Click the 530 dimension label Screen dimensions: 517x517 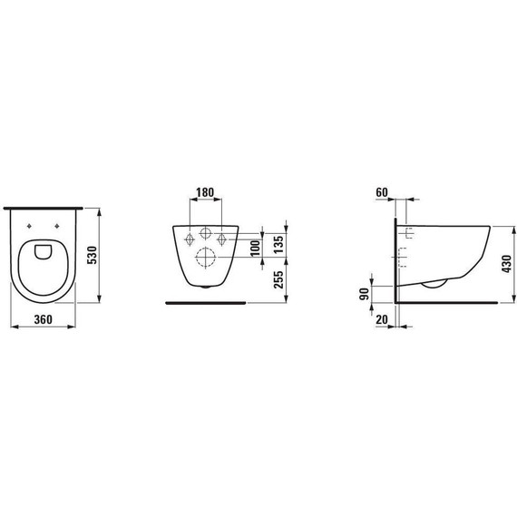coord(92,255)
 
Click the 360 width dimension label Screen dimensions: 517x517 coord(44,319)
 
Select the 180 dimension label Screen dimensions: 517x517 coord(205,192)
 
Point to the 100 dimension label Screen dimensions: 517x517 coord(255,249)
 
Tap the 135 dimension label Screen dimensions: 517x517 coord(278,244)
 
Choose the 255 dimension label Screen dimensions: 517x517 coord(278,279)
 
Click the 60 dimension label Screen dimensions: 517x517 coord(382,192)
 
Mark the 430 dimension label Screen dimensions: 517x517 coord(506,263)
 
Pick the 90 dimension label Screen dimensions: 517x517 coord(364,294)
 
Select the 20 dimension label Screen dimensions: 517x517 coord(382,319)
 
